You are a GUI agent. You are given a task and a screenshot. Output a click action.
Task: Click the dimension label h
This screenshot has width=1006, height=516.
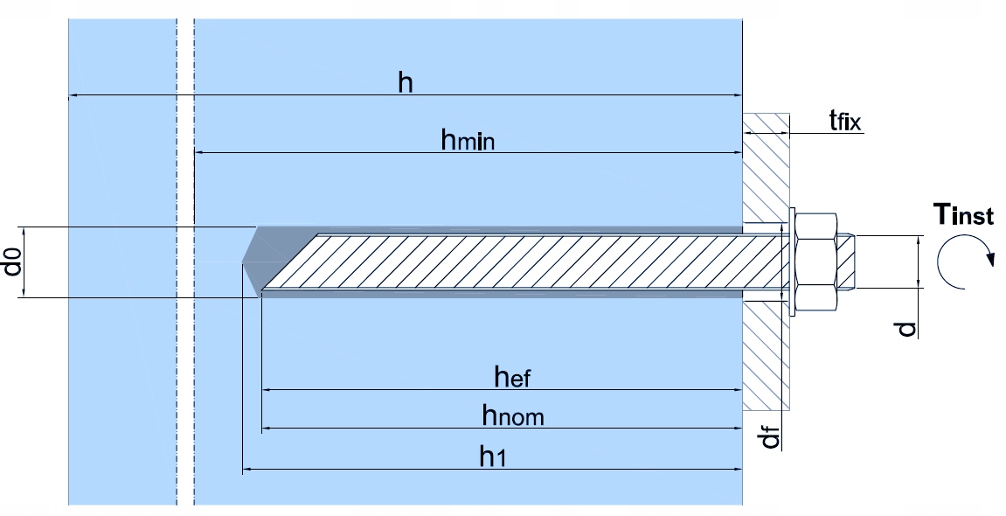click(x=405, y=83)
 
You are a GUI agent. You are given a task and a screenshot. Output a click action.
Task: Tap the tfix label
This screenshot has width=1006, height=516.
click(x=845, y=121)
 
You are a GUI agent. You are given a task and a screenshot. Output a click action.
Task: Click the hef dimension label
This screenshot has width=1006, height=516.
click(x=512, y=377)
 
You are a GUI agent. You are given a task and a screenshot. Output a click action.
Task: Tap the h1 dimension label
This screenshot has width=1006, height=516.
click(x=492, y=456)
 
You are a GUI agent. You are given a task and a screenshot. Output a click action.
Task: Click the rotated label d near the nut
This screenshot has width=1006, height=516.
click(x=907, y=329)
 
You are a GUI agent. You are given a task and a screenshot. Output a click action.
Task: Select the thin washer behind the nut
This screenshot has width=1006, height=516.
click(x=792, y=261)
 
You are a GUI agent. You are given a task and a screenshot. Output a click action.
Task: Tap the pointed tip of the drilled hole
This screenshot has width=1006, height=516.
click(x=245, y=261)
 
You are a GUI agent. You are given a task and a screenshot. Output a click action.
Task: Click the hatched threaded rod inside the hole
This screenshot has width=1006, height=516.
click(x=524, y=261)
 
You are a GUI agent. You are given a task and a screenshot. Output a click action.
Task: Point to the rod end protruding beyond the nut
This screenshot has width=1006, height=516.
click(x=847, y=261)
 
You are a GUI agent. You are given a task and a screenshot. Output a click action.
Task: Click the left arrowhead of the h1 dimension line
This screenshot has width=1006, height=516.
click(x=245, y=471)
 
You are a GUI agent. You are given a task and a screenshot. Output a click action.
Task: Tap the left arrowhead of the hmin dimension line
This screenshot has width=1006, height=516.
click(x=198, y=153)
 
